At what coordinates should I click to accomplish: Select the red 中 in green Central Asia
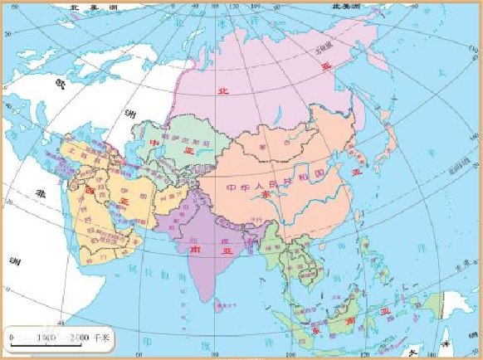point(154,142)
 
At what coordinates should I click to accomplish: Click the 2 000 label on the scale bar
point(81,337)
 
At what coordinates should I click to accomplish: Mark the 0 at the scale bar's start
point(11,337)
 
